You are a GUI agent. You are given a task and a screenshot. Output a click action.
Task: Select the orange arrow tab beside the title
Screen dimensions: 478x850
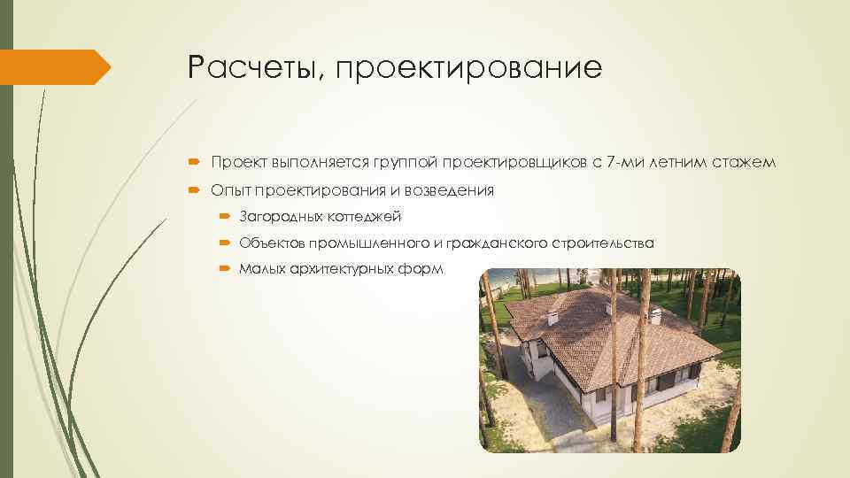55,67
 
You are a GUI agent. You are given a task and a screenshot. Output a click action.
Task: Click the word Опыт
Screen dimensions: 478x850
229,189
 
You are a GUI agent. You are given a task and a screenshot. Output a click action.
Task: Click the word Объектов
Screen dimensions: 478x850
271,243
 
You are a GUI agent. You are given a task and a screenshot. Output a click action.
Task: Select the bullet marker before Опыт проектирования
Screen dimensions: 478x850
197,189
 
